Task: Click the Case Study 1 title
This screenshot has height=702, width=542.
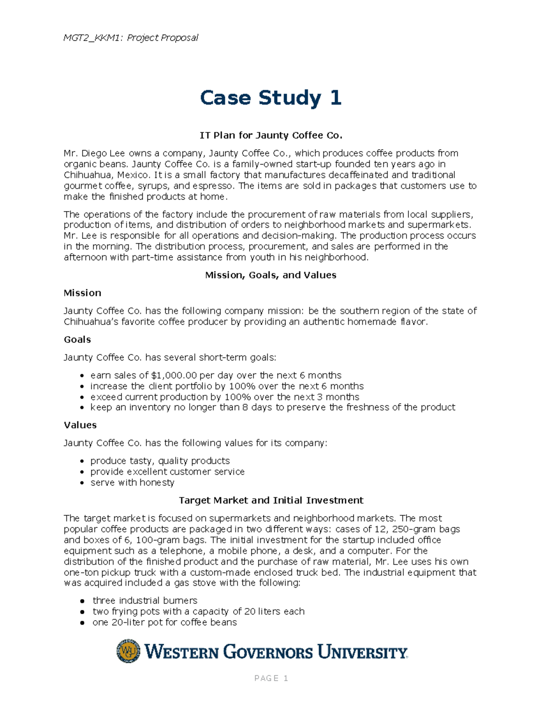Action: pyautogui.click(x=271, y=98)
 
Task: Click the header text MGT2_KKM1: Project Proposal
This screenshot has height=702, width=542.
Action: pyautogui.click(x=131, y=38)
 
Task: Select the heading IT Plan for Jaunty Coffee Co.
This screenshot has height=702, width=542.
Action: pyautogui.click(x=271, y=135)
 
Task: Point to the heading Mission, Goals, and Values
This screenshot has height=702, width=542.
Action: pyautogui.click(x=271, y=275)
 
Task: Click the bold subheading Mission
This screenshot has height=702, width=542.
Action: pyautogui.click(x=82, y=293)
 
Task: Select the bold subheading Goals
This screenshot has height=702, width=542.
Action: pyautogui.click(x=77, y=339)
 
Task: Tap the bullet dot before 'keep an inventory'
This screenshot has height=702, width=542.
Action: pyautogui.click(x=82, y=408)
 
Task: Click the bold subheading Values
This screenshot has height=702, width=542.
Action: pyautogui.click(x=80, y=425)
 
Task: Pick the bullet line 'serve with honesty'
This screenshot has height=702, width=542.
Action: pyautogui.click(x=132, y=482)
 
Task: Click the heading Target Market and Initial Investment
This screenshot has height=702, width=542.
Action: pyautogui.click(x=271, y=500)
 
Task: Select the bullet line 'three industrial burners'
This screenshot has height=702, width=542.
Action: pyautogui.click(x=145, y=600)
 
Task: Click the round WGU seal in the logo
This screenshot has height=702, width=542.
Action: pyautogui.click(x=128, y=651)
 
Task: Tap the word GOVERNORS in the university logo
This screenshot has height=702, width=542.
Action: pyautogui.click(x=268, y=652)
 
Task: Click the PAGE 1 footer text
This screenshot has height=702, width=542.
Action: pyautogui.click(x=271, y=678)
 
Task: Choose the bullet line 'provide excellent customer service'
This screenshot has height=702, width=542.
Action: pyautogui.click(x=167, y=471)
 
